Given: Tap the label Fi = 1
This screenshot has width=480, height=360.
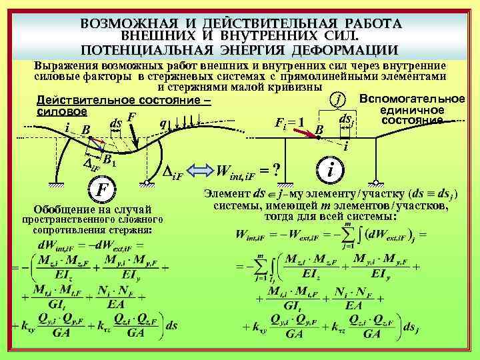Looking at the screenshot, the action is coord(289,123).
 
